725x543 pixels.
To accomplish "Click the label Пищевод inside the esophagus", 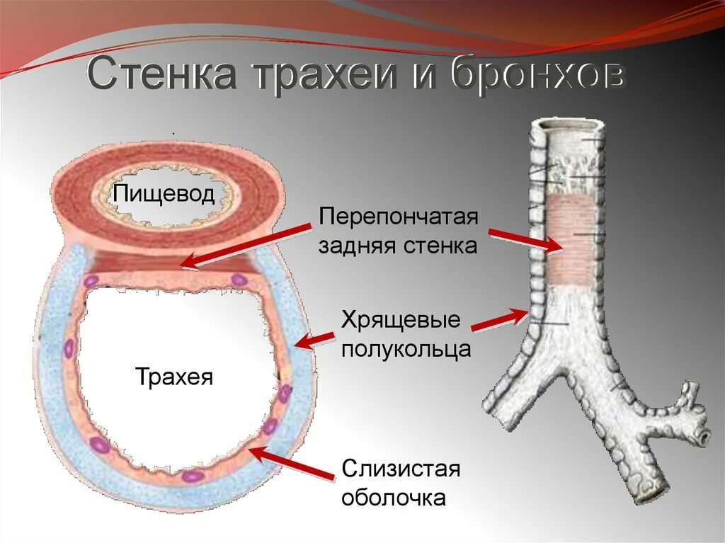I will (165, 193).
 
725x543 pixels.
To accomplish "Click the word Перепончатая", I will (399, 216).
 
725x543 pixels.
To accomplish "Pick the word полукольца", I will (406, 349).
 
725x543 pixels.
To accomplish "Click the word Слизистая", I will (401, 468).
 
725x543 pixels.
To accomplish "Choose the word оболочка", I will (394, 498).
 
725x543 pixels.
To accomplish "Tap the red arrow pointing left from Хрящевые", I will (315, 339).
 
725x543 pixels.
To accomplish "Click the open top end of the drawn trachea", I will (569, 127).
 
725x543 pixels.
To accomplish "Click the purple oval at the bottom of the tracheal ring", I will (191, 475).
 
